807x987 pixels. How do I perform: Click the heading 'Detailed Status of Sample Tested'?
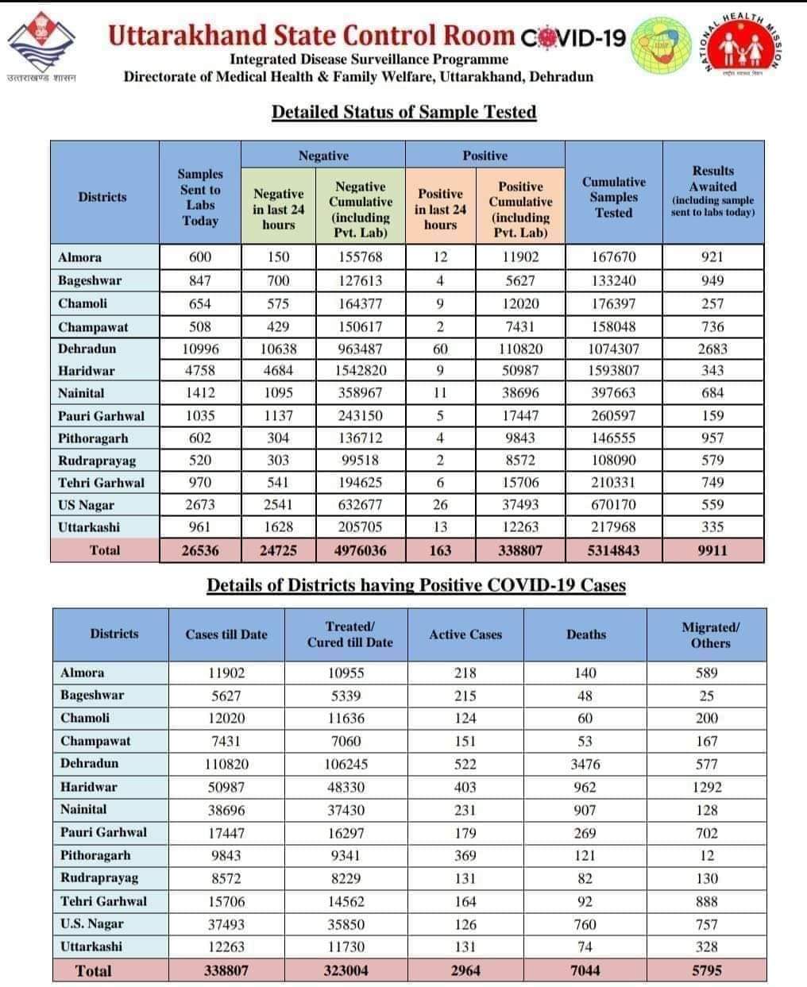[403, 112]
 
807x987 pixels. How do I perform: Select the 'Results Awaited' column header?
[712, 191]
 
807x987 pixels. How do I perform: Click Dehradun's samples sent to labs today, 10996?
[199, 349]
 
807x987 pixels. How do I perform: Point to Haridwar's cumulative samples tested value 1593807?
[612, 370]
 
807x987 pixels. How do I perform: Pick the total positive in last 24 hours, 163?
[440, 549]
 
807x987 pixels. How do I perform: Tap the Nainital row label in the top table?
[81, 393]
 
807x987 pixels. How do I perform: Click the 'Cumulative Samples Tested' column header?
[613, 197]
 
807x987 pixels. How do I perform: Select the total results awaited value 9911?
[712, 549]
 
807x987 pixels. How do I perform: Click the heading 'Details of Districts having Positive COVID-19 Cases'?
[416, 585]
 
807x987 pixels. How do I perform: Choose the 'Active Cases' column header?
[465, 634]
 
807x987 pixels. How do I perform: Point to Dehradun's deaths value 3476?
[585, 764]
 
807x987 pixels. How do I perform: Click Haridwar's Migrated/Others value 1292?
[706, 787]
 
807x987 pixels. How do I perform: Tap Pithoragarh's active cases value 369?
[465, 855]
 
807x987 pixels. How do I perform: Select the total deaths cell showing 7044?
[585, 970]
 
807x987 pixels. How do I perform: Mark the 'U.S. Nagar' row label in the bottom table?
[92, 923]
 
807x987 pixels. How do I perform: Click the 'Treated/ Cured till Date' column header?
[349, 634]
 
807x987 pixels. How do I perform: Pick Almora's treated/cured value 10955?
[345, 673]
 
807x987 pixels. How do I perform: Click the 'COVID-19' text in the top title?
[573, 37]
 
